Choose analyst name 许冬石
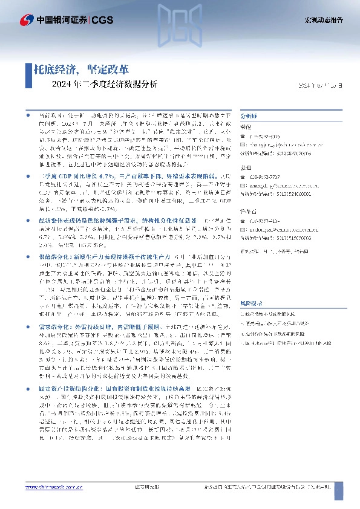pyautogui.click(x=248, y=212)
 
